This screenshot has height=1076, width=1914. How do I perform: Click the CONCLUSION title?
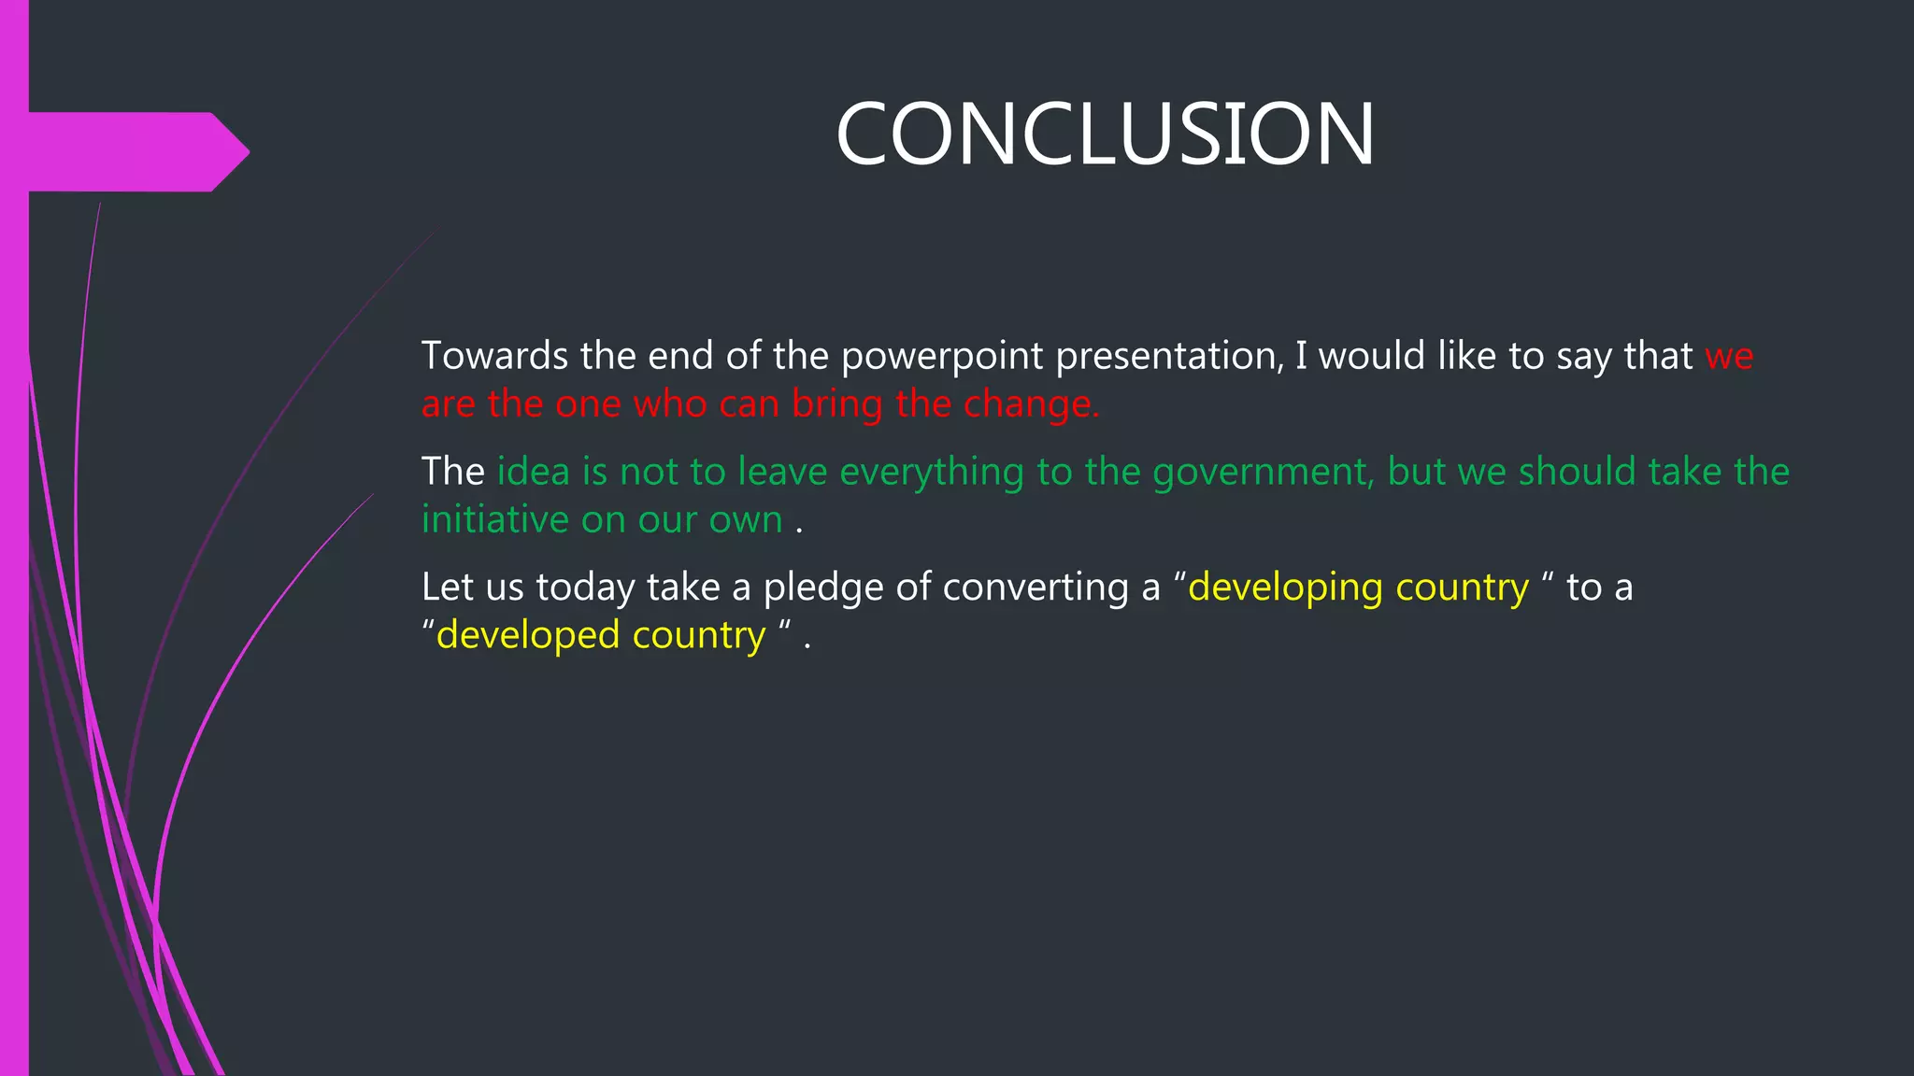tap(1105, 134)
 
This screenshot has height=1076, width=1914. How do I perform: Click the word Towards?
tap(494, 356)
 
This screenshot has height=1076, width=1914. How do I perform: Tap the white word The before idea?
tap(452, 472)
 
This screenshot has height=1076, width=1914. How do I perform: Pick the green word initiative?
tap(494, 519)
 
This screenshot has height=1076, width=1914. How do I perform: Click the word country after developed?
tap(698, 636)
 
